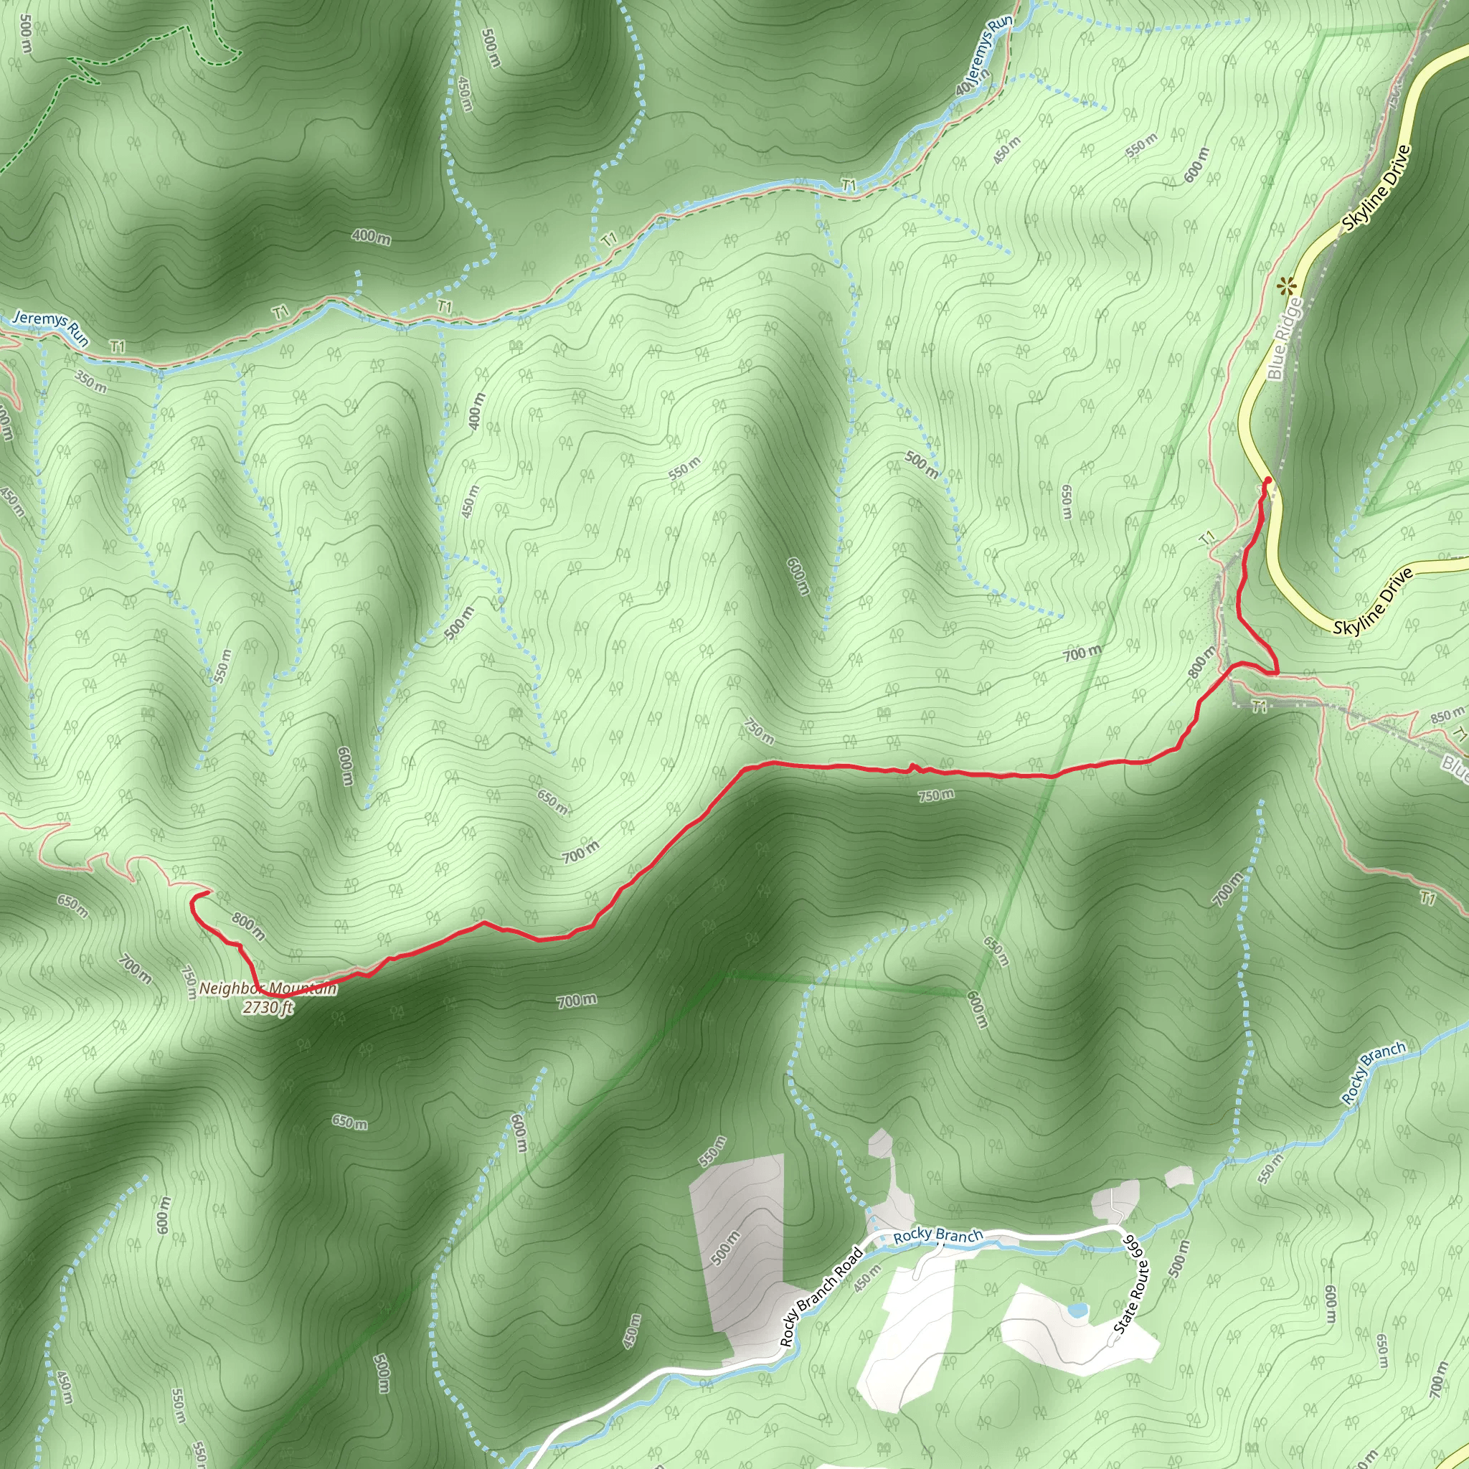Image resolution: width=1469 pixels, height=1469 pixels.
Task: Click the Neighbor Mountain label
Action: click(268, 989)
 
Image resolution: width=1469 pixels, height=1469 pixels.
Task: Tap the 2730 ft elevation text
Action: click(267, 1009)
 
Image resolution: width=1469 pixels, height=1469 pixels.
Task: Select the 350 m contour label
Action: click(90, 380)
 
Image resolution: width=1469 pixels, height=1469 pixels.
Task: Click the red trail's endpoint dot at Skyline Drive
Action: click(1267, 480)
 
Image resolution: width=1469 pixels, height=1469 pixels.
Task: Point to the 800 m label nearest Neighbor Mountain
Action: click(249, 927)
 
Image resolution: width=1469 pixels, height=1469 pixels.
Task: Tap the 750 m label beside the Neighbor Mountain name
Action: click(189, 982)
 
